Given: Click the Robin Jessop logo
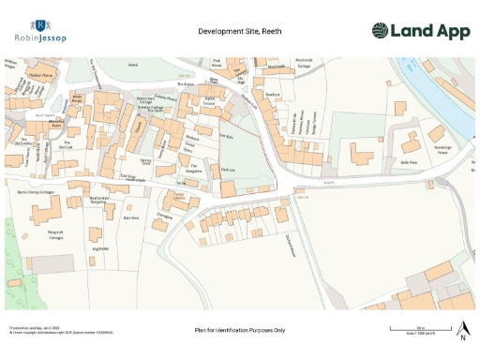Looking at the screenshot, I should tap(40, 31).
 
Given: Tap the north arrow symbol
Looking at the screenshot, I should tap(462, 329).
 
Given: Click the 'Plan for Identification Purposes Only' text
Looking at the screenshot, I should tap(239, 331).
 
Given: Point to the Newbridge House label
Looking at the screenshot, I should tap(442, 151).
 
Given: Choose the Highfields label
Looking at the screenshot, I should tap(101, 248).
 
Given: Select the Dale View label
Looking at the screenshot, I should tap(131, 217).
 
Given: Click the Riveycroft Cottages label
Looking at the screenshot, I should tap(53, 233).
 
